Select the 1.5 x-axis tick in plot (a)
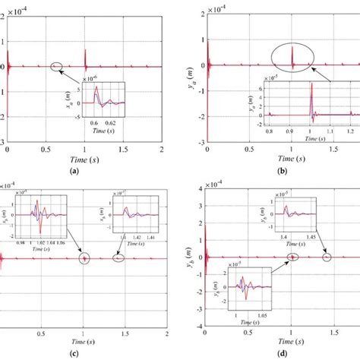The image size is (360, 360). point(122,150)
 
